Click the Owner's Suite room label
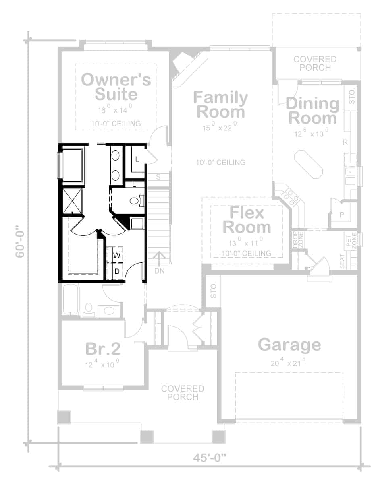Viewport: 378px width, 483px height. (116, 87)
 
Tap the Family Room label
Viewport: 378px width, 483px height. (220, 104)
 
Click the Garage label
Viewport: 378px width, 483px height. (289, 345)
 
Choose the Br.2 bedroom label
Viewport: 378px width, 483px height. (103, 349)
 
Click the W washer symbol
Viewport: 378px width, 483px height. (116, 255)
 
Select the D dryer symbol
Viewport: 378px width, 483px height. (116, 271)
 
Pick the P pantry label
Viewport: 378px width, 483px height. (342, 215)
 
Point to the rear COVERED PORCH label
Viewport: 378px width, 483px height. (315, 63)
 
